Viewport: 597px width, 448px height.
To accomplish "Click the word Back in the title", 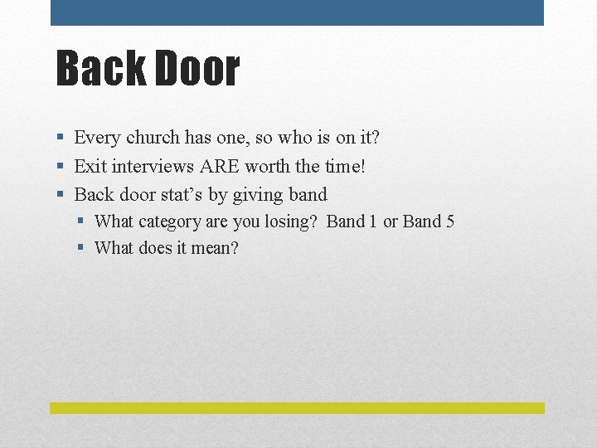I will click(99, 69).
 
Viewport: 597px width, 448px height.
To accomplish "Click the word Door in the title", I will click(195, 69).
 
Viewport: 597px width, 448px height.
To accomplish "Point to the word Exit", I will click(90, 166).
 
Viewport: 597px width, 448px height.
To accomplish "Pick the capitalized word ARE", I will click(220, 166).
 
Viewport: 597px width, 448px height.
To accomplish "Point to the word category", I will click(171, 222).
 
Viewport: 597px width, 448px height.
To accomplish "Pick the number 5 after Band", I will click(449, 222).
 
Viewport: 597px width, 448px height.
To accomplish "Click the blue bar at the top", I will click(297, 12).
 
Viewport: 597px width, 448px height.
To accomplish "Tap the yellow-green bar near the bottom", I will click(297, 408).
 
